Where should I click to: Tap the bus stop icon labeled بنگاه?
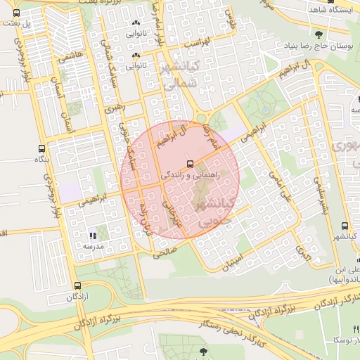coord(41,149)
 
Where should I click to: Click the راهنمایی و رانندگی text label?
coord(191,172)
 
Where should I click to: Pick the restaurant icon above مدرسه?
coord(92,235)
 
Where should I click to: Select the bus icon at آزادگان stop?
coord(77,286)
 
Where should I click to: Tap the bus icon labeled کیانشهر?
coord(345,226)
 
